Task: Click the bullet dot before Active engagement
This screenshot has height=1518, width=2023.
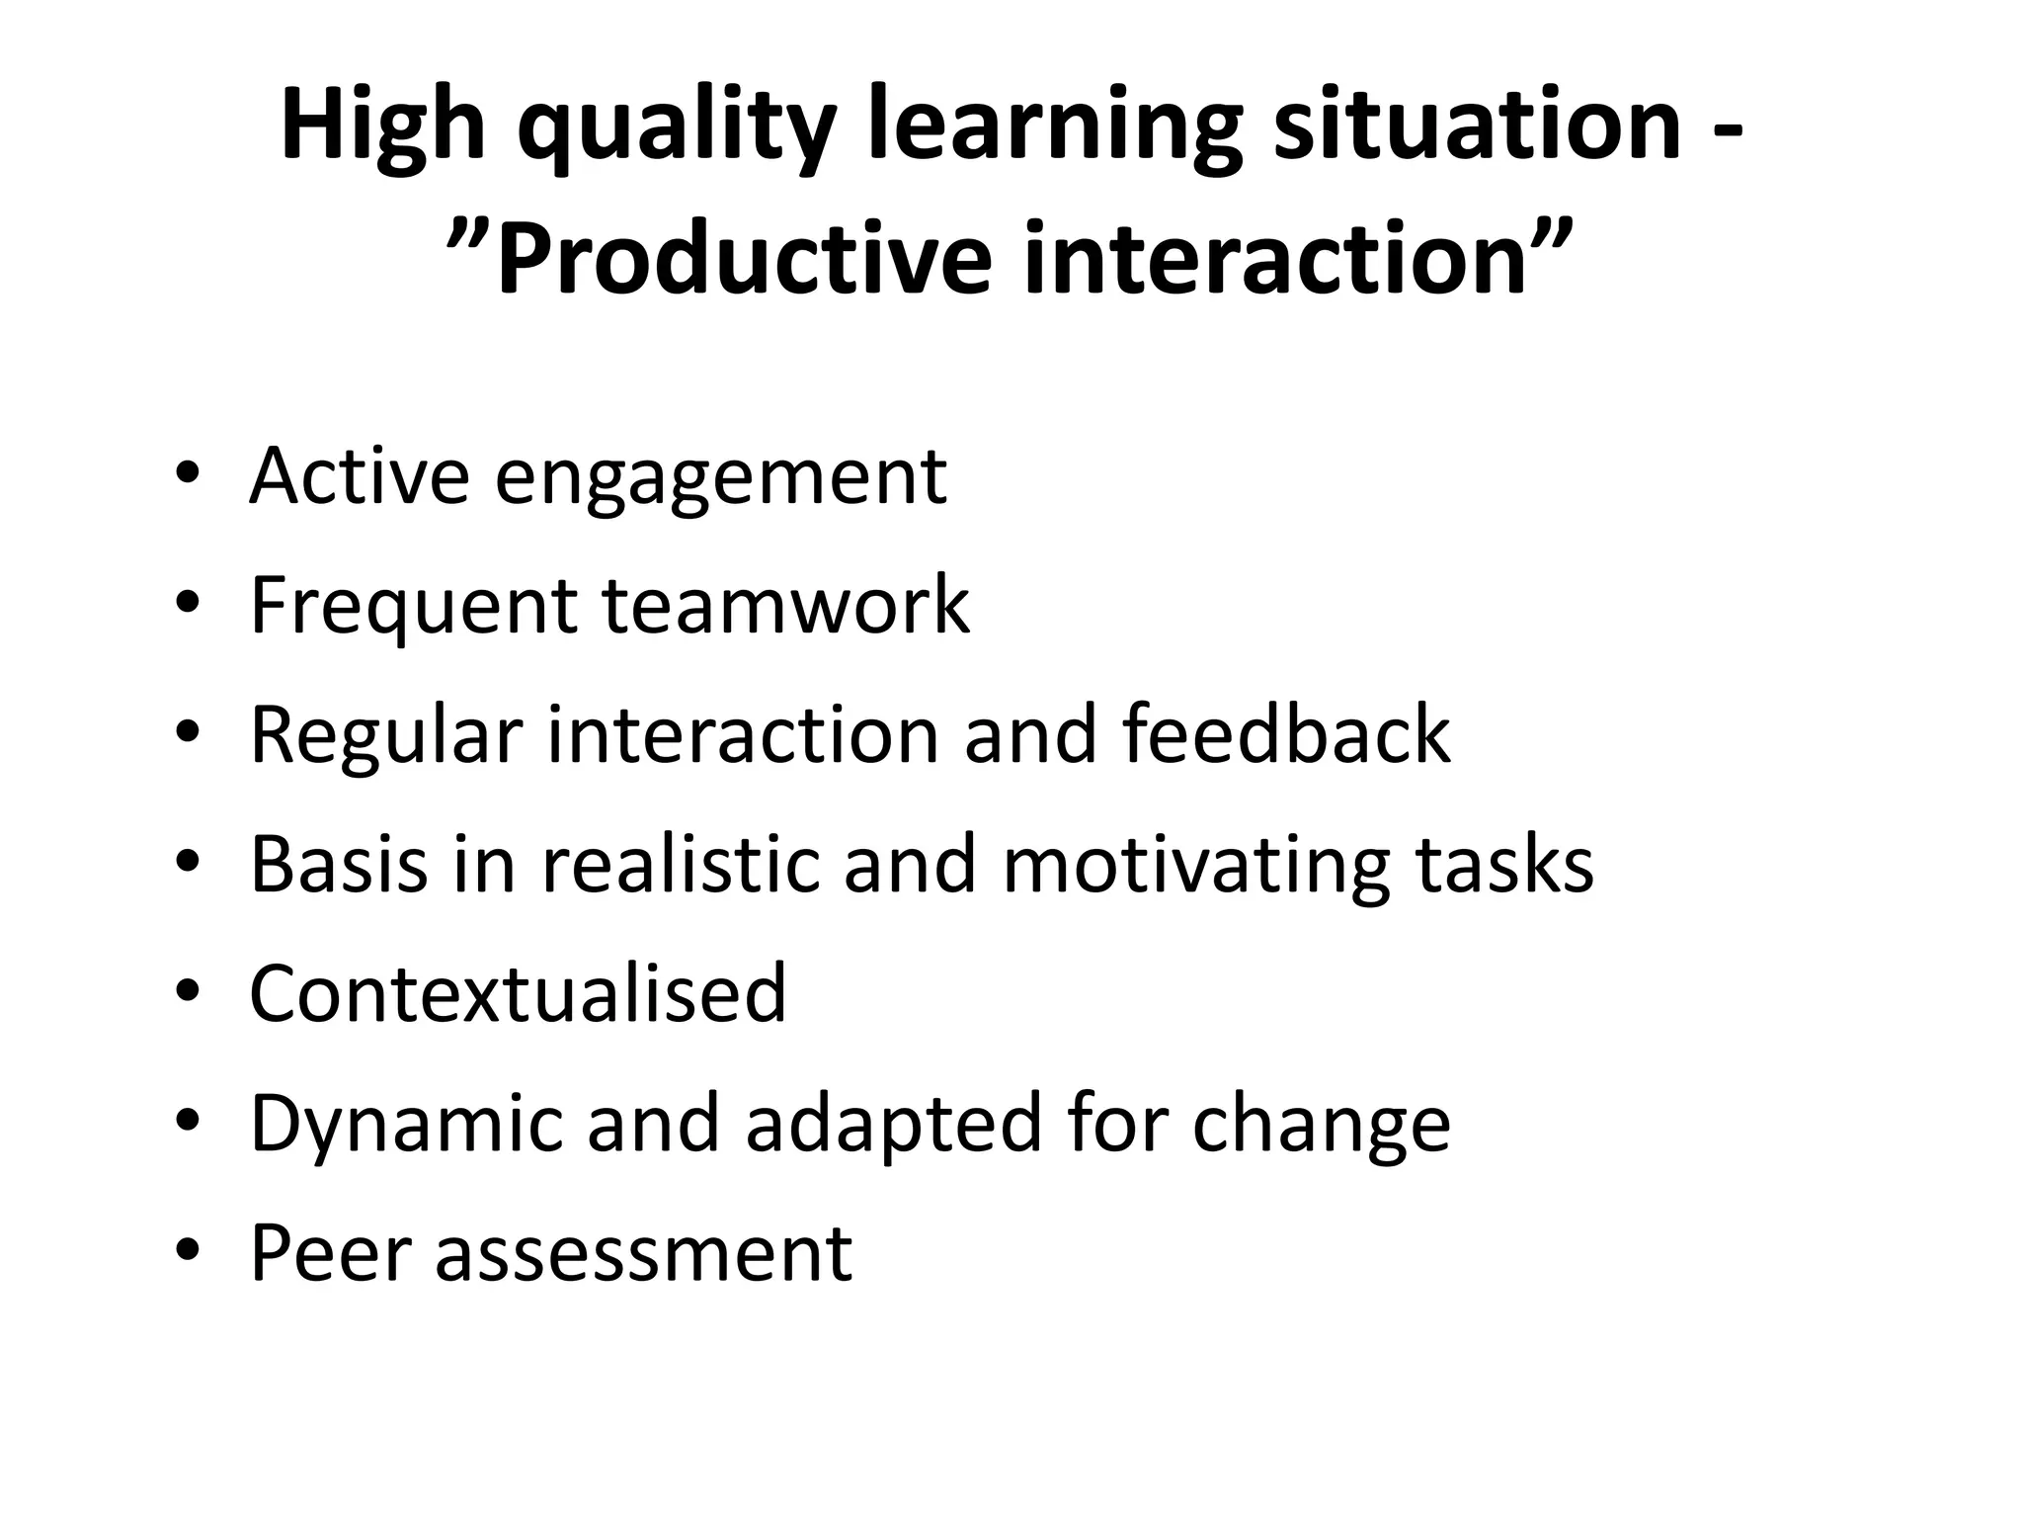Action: [x=188, y=475]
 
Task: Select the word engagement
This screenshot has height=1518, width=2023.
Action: [x=720, y=479]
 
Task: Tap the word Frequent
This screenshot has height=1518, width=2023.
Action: [x=414, y=606]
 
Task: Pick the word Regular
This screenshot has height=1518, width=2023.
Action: [x=385, y=736]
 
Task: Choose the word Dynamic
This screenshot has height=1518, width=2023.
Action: [x=405, y=1125]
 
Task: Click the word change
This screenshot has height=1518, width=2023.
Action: [x=1321, y=1125]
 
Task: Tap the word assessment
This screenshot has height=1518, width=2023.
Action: [x=643, y=1253]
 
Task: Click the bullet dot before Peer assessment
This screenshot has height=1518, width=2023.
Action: [x=188, y=1251]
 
